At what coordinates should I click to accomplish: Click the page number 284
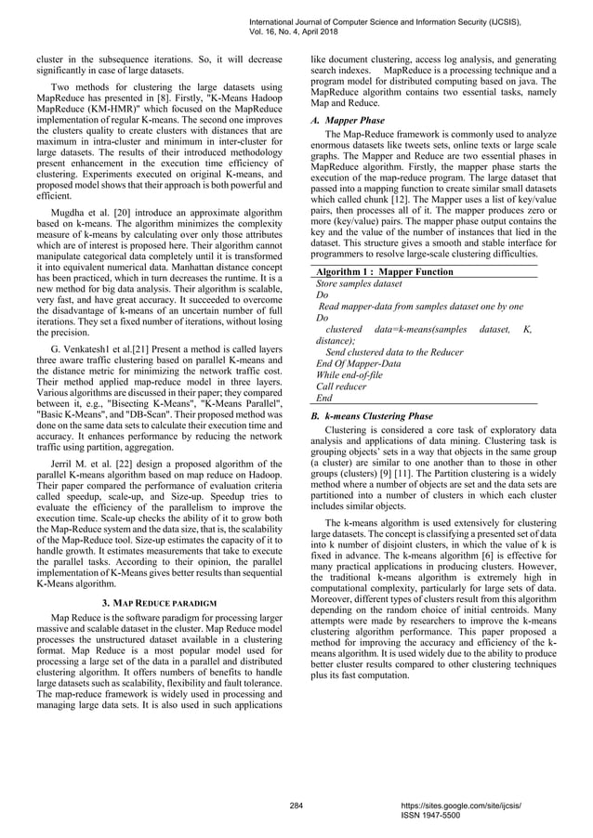coord(296,802)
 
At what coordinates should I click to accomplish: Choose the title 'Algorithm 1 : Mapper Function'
coord(385,271)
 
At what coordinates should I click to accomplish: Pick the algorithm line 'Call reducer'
coord(343,384)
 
